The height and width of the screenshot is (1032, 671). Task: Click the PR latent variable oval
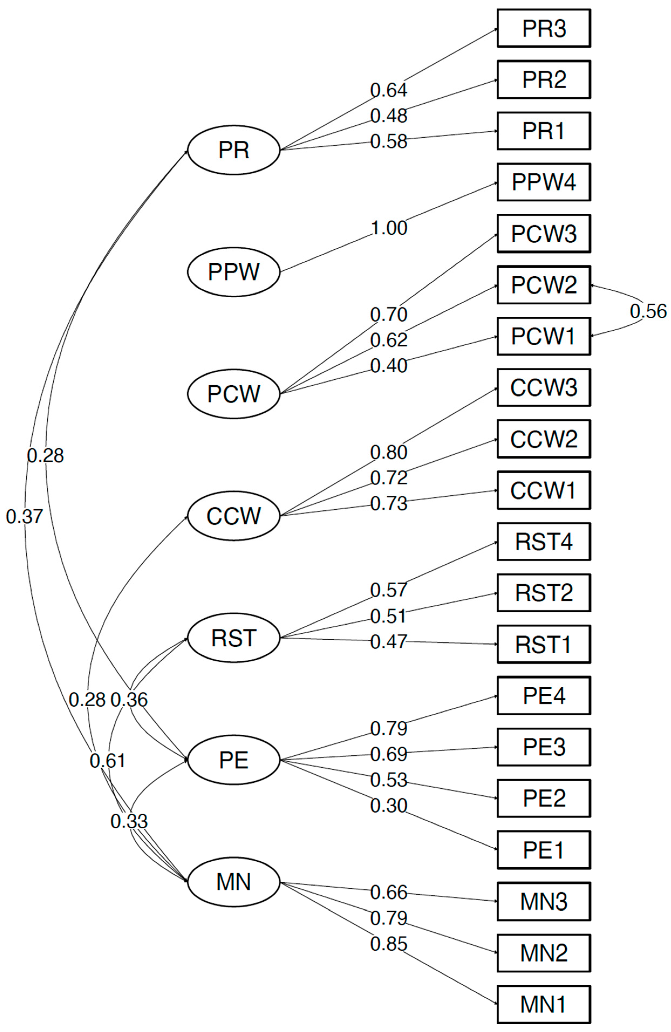click(234, 150)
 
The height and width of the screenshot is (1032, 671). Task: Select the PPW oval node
click(234, 272)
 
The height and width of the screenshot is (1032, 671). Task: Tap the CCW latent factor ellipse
click(234, 516)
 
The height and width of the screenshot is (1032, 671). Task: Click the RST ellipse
click(234, 638)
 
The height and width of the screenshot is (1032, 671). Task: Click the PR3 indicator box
click(543, 28)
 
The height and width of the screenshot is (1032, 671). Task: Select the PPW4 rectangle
click(543, 182)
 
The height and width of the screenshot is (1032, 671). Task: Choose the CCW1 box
click(543, 490)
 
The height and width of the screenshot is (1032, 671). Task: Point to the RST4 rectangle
click(543, 541)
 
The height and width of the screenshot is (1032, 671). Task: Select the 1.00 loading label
click(389, 228)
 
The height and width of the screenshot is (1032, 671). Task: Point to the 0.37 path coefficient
click(25, 516)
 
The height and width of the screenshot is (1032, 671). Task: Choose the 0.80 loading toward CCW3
click(389, 452)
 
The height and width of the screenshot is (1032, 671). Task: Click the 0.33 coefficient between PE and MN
click(129, 821)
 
